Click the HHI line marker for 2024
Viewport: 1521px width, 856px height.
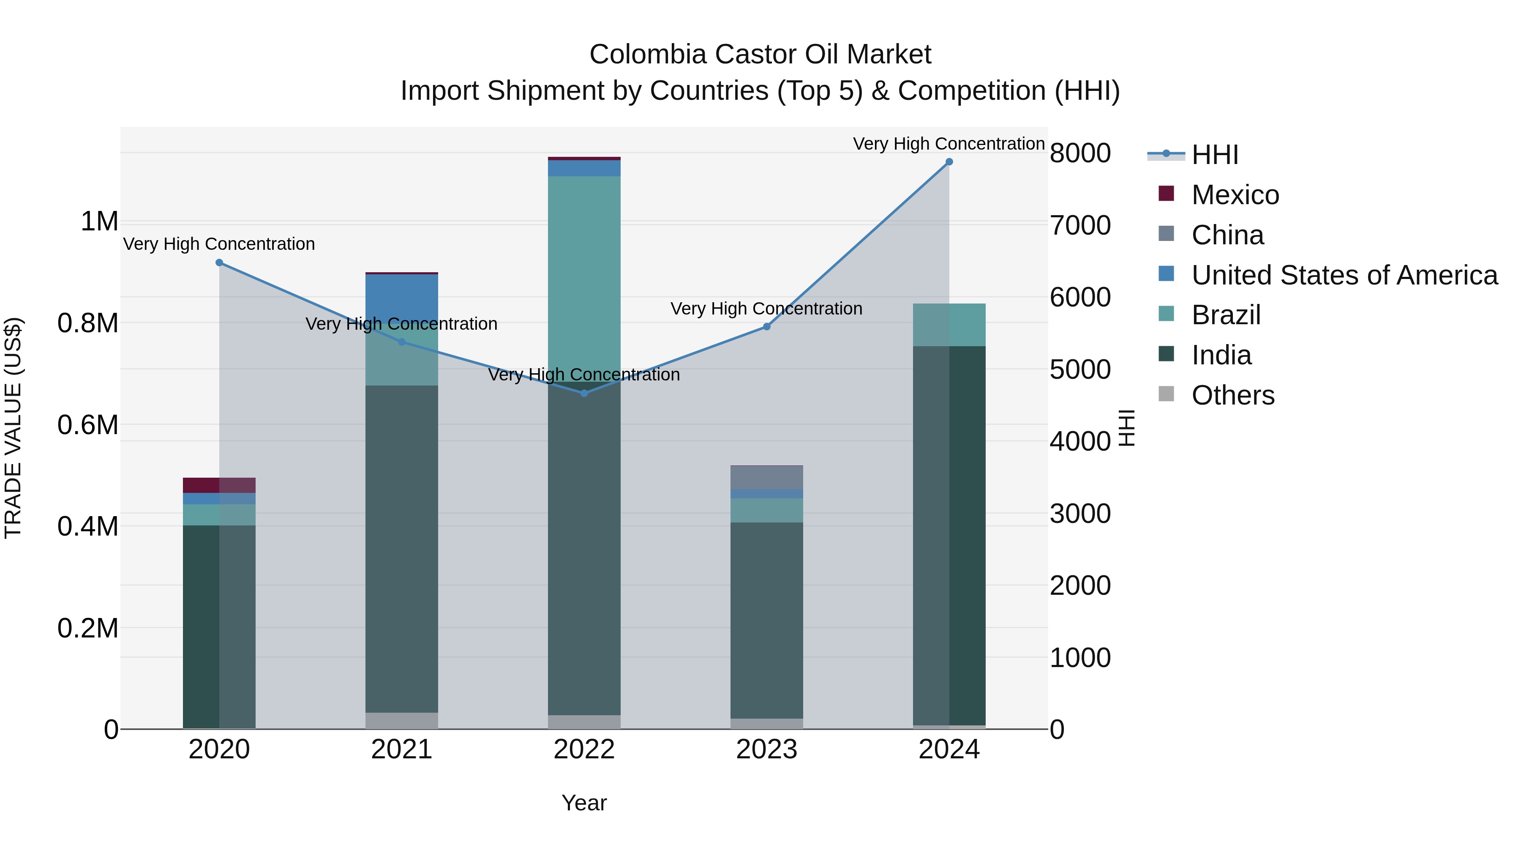click(x=949, y=162)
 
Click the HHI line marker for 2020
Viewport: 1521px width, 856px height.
click(x=219, y=262)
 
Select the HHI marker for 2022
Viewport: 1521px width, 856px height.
click(x=584, y=393)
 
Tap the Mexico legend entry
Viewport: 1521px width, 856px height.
click(x=1235, y=195)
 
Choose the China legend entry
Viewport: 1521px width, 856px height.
click(x=1227, y=235)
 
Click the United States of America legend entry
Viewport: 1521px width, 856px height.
click(x=1344, y=275)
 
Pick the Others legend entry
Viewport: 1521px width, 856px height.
click(x=1232, y=395)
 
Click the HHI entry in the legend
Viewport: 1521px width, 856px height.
click(x=1215, y=155)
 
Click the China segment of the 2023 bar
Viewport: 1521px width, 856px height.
click(x=766, y=477)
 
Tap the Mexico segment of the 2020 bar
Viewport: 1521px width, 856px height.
click(x=219, y=485)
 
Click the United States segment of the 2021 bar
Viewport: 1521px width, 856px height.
click(x=401, y=295)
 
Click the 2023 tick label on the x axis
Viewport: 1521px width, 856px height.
click(x=766, y=749)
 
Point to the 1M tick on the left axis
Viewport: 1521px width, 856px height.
click(x=99, y=222)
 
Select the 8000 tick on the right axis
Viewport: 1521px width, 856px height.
click(x=1080, y=153)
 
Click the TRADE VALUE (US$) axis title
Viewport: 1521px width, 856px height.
click(x=13, y=428)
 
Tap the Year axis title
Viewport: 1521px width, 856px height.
click(x=584, y=803)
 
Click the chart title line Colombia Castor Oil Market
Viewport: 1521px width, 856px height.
click(x=760, y=55)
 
